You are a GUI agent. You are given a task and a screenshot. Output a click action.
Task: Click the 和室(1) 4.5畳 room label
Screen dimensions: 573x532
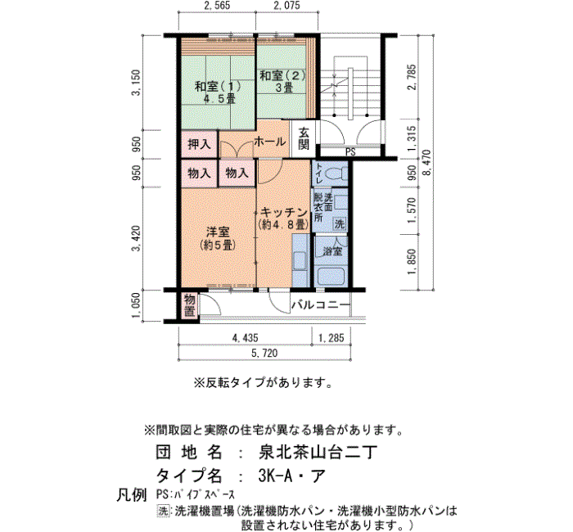coord(218,92)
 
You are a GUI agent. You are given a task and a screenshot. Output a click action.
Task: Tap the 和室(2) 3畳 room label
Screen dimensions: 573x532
coord(282,82)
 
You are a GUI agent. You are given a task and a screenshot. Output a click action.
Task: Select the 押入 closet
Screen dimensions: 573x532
coord(199,144)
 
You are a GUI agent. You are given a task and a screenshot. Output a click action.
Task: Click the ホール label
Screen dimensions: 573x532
coord(270,142)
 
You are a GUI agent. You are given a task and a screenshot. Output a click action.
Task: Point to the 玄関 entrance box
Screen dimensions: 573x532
coord(304,139)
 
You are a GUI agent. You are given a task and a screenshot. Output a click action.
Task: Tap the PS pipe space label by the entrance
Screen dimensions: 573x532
coord(350,152)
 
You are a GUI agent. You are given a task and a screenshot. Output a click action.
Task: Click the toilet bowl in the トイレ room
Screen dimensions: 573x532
coord(336,174)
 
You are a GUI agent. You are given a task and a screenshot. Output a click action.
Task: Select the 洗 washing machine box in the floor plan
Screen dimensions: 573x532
coord(340,223)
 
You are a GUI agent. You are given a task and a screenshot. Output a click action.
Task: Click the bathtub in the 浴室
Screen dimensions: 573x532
coord(332,277)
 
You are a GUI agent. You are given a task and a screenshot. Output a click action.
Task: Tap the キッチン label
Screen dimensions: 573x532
coord(284,212)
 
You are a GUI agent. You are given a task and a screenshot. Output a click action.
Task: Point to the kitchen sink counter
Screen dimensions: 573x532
coord(300,260)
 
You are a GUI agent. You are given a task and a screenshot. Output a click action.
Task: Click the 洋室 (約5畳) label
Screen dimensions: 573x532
coord(218,238)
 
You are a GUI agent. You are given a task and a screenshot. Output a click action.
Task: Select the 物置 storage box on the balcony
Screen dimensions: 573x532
coord(189,304)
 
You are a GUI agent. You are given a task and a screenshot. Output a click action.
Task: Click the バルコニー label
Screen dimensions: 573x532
coord(321,304)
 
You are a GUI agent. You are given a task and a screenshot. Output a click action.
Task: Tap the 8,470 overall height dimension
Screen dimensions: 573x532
coord(426,163)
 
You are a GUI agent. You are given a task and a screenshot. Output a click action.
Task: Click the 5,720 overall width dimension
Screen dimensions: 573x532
coord(264,353)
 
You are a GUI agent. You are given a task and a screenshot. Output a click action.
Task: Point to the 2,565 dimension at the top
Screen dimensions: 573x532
coord(217,5)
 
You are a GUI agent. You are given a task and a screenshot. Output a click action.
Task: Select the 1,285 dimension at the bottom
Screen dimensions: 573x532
coord(331,337)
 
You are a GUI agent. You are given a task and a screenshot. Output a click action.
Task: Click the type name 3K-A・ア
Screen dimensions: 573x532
coord(291,476)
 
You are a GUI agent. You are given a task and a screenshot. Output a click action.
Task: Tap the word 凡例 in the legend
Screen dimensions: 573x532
coord(131,495)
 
